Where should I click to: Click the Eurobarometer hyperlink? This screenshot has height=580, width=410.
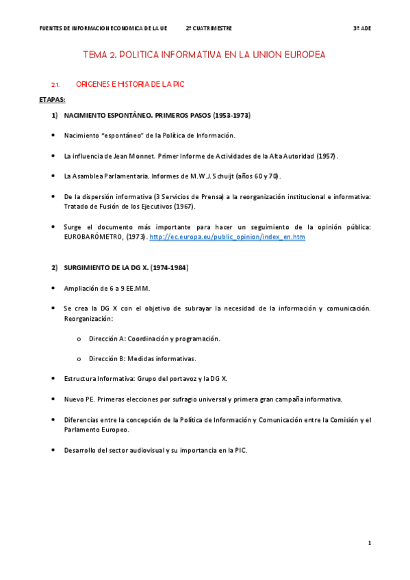coord(227,237)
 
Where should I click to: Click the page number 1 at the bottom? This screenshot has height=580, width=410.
coord(370,542)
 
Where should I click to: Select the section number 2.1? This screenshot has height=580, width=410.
coord(56,84)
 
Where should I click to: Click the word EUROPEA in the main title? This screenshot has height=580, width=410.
coord(299,54)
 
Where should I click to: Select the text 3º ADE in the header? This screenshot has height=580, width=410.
coord(361,29)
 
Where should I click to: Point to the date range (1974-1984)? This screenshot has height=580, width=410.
coord(170,267)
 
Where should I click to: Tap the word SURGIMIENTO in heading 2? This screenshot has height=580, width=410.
coord(90,267)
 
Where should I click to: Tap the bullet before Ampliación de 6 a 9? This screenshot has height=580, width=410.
coord(53,288)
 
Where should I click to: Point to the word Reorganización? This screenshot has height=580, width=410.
coord(88,319)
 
